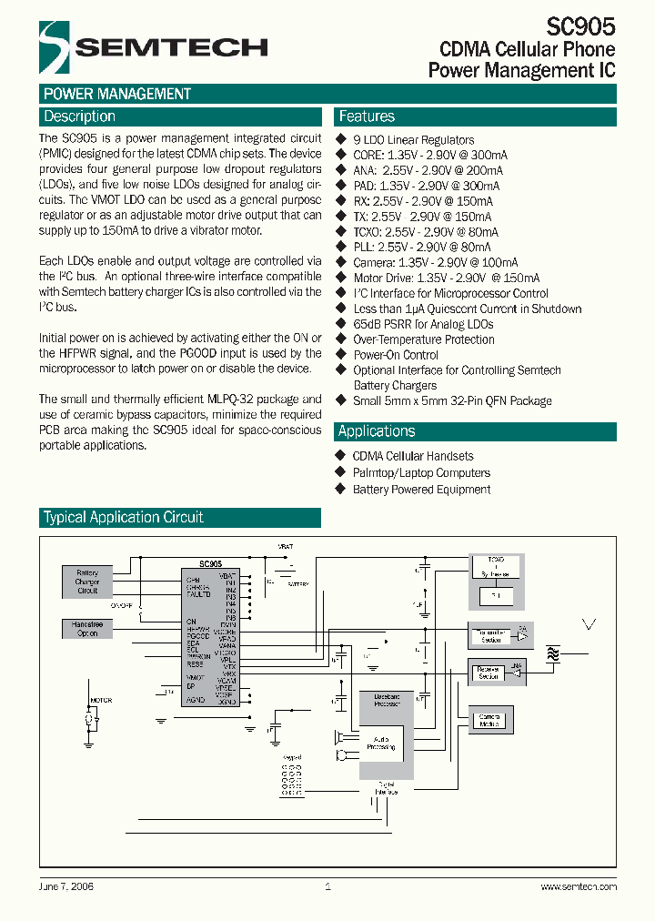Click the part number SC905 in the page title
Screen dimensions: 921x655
coord(581,26)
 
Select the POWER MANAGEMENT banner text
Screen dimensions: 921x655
coord(116,94)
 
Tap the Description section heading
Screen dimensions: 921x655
coord(80,116)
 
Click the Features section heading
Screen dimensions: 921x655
coord(367,116)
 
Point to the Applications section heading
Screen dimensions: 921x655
coord(377,431)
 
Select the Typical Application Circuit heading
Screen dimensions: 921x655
coord(124,518)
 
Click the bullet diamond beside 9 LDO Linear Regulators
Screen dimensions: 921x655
coord(342,139)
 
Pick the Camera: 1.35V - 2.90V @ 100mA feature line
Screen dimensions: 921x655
coord(435,263)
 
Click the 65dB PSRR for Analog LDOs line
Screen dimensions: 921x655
coord(423,324)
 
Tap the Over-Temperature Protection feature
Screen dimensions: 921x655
coord(424,339)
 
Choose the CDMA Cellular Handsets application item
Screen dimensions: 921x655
coord(413,456)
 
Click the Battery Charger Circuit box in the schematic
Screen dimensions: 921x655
coord(87,582)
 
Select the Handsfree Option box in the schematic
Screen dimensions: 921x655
coord(87,629)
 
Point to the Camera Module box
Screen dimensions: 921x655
coord(489,721)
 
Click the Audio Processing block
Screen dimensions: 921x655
coord(380,744)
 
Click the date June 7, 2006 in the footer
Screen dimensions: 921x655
coord(66,886)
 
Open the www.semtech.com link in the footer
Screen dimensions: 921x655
coord(579,886)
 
